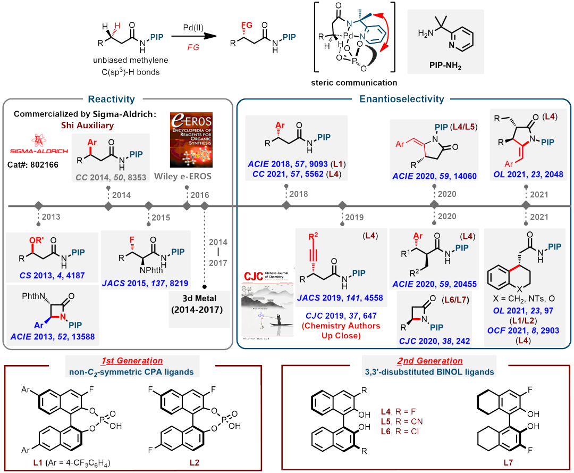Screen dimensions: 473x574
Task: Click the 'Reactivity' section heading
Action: click(x=111, y=99)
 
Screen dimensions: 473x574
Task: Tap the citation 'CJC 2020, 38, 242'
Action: click(x=432, y=341)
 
